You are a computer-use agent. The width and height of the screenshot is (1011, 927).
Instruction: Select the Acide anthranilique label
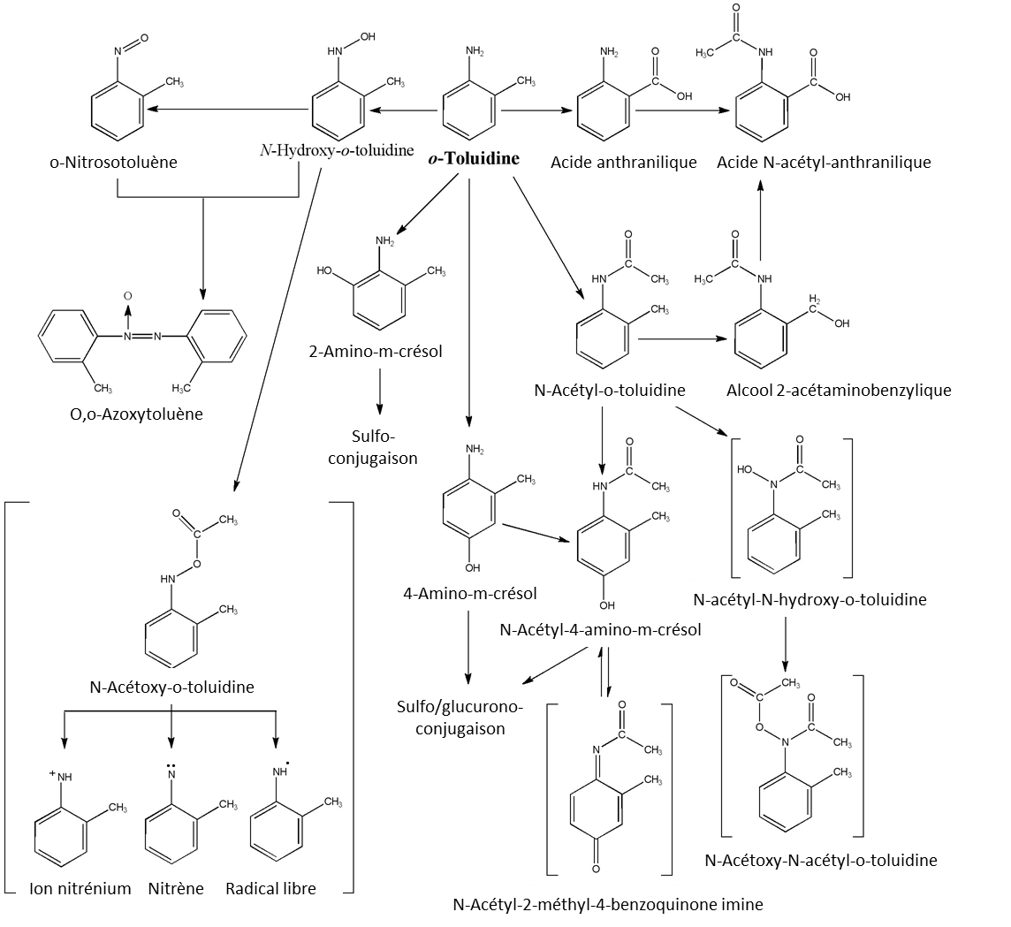[x=623, y=162]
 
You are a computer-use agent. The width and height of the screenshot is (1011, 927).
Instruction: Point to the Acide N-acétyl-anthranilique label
[x=823, y=162]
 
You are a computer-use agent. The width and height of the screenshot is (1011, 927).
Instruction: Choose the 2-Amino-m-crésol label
[x=378, y=352]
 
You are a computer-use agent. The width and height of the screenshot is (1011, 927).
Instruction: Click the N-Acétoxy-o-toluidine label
[x=172, y=686]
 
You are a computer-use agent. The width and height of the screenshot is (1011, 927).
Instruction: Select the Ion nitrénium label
[x=80, y=888]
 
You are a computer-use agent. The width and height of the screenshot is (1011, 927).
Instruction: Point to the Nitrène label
[x=176, y=888]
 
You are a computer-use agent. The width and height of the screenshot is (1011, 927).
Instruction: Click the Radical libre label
[x=270, y=888]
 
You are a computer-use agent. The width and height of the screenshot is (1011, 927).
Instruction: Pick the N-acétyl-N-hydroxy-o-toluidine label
[x=810, y=600]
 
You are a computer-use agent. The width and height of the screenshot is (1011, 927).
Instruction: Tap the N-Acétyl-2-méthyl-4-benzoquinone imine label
[x=607, y=904]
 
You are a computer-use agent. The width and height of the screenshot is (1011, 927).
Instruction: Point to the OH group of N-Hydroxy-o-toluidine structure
[x=366, y=37]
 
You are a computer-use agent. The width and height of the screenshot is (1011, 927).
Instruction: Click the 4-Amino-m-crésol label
[x=468, y=592]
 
